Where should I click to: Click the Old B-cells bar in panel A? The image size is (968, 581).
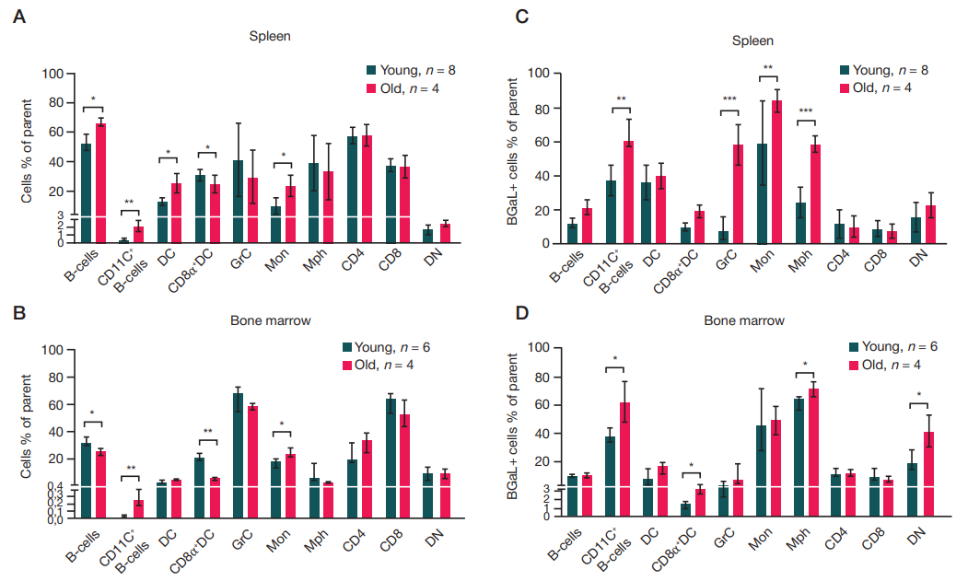[x=101, y=183]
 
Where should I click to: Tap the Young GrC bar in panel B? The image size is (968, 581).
[x=238, y=456]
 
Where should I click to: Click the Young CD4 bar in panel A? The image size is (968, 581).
[x=352, y=190]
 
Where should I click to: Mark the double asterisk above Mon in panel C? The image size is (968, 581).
[x=769, y=66]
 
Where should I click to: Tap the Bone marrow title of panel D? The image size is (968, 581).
[x=744, y=321]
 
